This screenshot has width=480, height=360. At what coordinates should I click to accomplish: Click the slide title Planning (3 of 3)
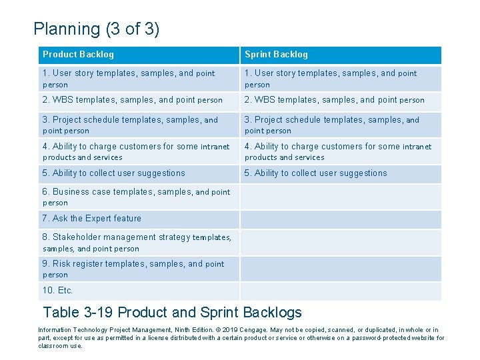coord(96,29)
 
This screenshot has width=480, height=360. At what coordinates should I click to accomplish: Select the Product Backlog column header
coord(78,55)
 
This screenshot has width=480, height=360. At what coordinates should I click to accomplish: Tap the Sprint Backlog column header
coord(276,55)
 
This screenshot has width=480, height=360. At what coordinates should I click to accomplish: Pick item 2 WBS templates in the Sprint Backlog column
coord(334,100)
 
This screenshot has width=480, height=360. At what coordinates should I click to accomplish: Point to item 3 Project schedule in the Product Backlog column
coord(130,125)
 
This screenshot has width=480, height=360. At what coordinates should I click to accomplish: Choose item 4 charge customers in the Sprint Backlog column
coord(337,151)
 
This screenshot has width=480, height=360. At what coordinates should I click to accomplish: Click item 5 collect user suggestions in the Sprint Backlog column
coord(315,173)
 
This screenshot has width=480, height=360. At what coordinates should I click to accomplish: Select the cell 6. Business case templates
coord(136,197)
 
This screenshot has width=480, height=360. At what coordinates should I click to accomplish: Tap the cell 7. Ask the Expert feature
coord(92,219)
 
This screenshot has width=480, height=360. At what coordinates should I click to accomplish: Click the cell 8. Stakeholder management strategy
coord(137,243)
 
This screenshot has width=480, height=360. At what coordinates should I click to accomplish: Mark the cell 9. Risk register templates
coord(133,269)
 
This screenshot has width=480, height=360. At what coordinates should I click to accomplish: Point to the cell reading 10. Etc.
coord(58,291)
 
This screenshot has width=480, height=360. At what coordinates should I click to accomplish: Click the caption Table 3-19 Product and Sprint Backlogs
coord(172,312)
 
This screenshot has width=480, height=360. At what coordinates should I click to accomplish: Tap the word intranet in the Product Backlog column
coord(215,147)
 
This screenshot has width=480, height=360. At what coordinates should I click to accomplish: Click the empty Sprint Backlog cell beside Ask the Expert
coord(340,219)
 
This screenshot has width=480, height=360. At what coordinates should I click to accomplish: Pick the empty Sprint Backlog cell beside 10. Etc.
coord(340,291)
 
